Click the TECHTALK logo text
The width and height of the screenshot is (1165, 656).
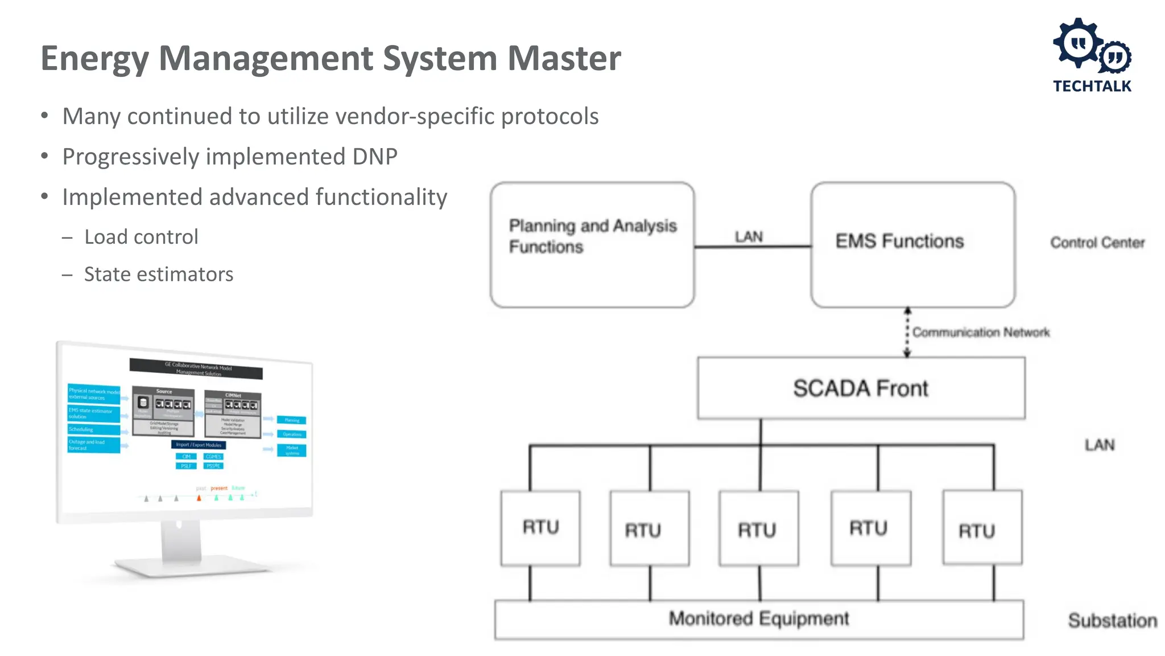(1092, 86)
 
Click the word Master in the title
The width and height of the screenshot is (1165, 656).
(564, 58)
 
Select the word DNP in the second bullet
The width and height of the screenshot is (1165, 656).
(374, 157)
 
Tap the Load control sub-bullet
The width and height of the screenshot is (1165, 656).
(141, 237)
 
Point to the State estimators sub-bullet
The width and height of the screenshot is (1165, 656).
(159, 274)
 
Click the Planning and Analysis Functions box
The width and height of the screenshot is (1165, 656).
(592, 245)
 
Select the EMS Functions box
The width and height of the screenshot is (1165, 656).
(912, 245)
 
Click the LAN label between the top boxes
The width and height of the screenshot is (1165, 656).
(749, 236)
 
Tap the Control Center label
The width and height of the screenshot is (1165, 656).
(1097, 243)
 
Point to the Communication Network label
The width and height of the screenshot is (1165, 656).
(981, 332)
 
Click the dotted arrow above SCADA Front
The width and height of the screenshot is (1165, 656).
(907, 333)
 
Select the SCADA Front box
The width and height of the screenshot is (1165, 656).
(861, 388)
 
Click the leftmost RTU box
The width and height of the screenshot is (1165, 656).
(540, 528)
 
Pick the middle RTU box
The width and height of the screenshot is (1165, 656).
(758, 529)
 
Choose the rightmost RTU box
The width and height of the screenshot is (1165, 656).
(982, 528)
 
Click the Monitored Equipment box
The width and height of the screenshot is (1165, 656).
(758, 619)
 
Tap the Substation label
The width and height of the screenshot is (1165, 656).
(1112, 620)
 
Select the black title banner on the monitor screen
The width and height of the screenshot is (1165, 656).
(196, 368)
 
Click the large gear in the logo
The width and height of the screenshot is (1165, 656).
(1077, 44)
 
